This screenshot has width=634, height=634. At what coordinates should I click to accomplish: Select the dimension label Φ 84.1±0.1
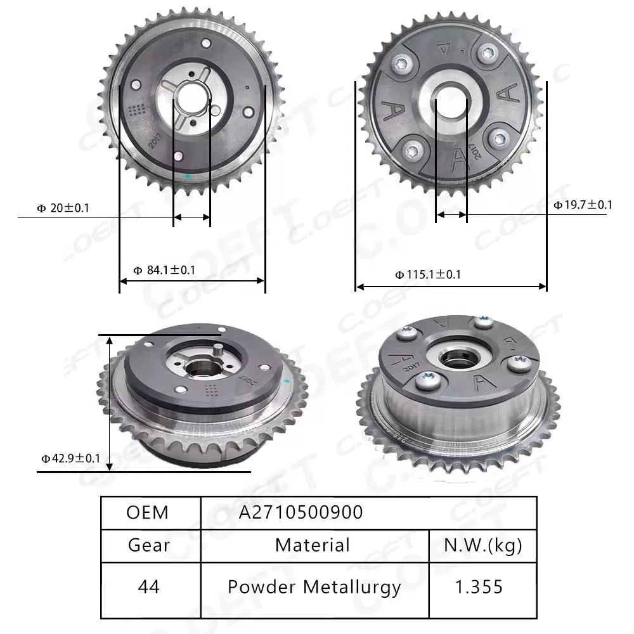click(x=164, y=270)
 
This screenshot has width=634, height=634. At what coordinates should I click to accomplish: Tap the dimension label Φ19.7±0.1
click(x=582, y=204)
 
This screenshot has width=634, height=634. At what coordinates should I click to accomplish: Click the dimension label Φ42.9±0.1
click(x=70, y=458)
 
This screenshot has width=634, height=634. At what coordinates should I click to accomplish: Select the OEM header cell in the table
click(x=148, y=512)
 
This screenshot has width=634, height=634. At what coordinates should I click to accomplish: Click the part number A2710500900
click(x=301, y=512)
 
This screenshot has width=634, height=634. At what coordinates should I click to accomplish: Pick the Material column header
click(x=313, y=545)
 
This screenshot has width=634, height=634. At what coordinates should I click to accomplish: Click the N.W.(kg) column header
click(x=483, y=545)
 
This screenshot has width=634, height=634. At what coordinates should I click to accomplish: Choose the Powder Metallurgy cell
click(x=314, y=587)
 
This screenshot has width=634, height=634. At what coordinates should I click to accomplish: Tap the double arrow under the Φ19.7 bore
click(x=451, y=215)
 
